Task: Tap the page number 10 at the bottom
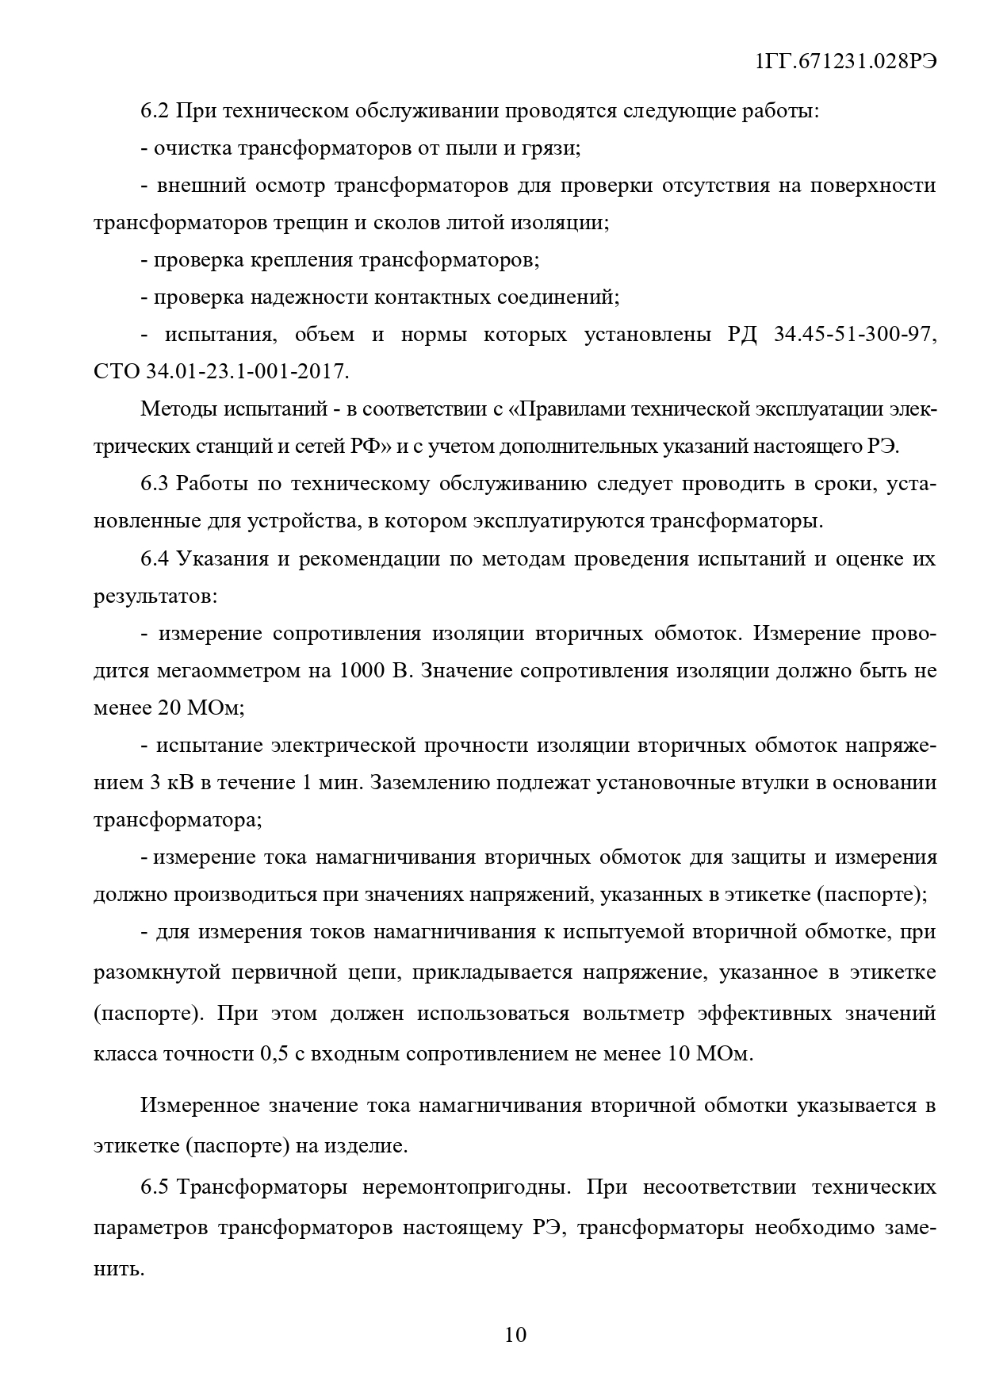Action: click(515, 1335)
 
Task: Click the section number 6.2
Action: click(155, 111)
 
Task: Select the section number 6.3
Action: click(155, 484)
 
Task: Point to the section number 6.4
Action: click(155, 558)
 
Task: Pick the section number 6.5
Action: click(155, 1187)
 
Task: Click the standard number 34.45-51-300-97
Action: click(855, 335)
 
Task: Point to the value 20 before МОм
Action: click(170, 708)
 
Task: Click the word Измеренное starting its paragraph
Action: click(197, 1106)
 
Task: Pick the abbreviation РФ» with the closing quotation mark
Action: click(372, 447)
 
